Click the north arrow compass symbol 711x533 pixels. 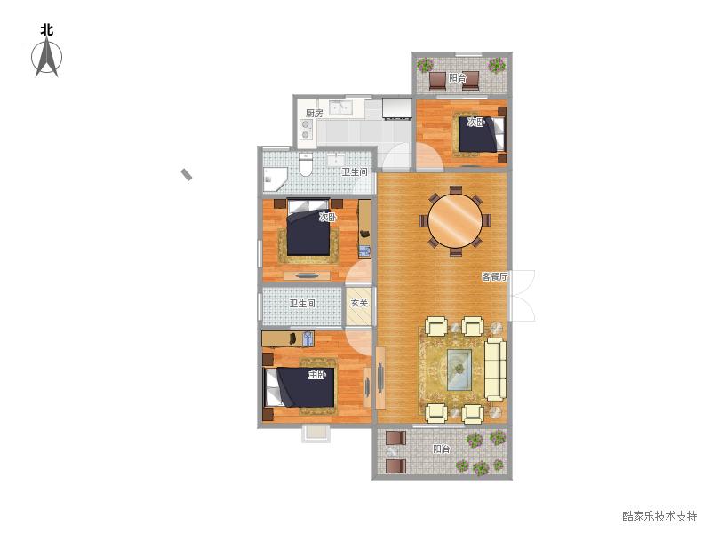[x=47, y=58]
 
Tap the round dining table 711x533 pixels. [x=455, y=220]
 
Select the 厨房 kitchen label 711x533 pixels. [x=315, y=114]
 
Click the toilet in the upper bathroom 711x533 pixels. [x=306, y=165]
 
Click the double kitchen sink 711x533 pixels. [x=340, y=108]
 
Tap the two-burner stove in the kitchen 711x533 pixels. [x=307, y=129]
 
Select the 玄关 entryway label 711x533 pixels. [x=359, y=303]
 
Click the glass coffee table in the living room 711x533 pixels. [x=459, y=369]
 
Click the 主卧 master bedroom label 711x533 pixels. [x=317, y=375]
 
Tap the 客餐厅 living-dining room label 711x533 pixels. [x=495, y=276]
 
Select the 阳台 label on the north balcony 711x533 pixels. [x=458, y=78]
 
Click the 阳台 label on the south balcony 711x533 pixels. [x=441, y=449]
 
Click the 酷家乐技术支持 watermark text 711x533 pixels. [x=659, y=516]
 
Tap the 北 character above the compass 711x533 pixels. [x=47, y=30]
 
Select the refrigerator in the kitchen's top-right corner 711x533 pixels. [x=396, y=108]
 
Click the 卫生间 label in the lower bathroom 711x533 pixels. [x=302, y=303]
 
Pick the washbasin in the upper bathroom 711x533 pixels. [x=336, y=160]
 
